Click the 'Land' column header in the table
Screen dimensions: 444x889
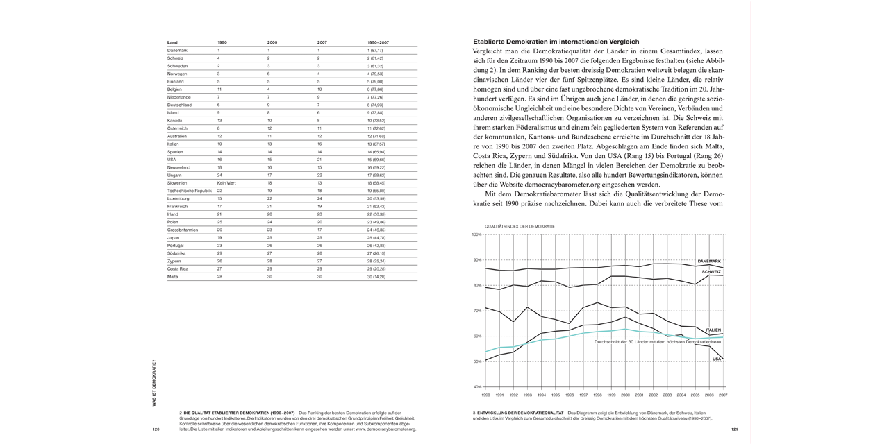click(x=172, y=42)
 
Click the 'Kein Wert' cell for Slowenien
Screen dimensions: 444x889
click(x=227, y=182)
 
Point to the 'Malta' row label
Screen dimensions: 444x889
click(x=173, y=277)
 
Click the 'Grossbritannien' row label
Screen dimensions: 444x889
click(x=183, y=230)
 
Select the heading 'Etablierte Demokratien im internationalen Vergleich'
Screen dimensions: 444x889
click(x=556, y=42)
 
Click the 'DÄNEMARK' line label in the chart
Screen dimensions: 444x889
click(x=709, y=261)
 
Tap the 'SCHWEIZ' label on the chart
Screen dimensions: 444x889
click(x=712, y=272)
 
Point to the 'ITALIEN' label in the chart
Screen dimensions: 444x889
click(x=713, y=330)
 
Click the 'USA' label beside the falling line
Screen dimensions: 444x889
click(x=716, y=359)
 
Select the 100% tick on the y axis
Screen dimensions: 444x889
click(x=476, y=234)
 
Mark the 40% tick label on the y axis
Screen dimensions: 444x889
click(x=476, y=386)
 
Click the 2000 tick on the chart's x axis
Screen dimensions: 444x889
click(x=626, y=394)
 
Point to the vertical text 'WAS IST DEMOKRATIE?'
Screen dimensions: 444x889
click(x=154, y=382)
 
